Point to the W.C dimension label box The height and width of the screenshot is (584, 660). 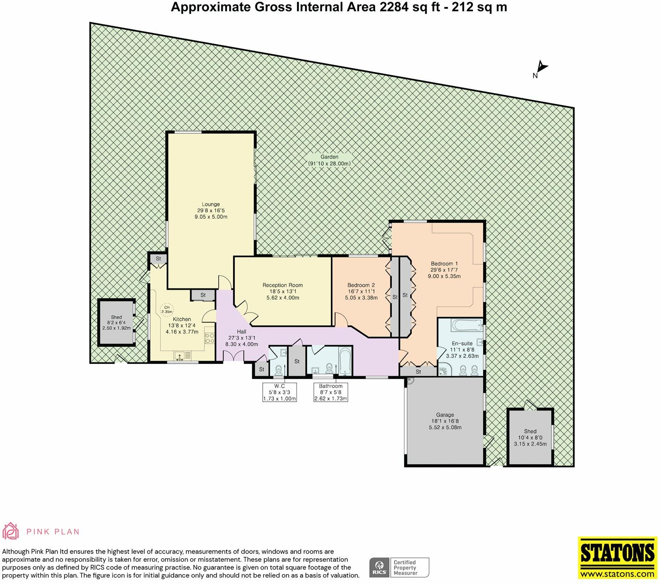click(279, 392)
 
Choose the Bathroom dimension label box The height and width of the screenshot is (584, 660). click(330, 392)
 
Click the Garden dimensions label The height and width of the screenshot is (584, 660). click(329, 160)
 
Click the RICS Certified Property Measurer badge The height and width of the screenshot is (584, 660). click(399, 567)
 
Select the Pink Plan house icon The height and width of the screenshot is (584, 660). click(11, 531)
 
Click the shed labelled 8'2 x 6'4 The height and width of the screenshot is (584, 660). click(116, 323)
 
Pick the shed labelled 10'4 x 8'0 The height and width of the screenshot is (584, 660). click(530, 437)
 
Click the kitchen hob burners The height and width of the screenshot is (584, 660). click(209, 338)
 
